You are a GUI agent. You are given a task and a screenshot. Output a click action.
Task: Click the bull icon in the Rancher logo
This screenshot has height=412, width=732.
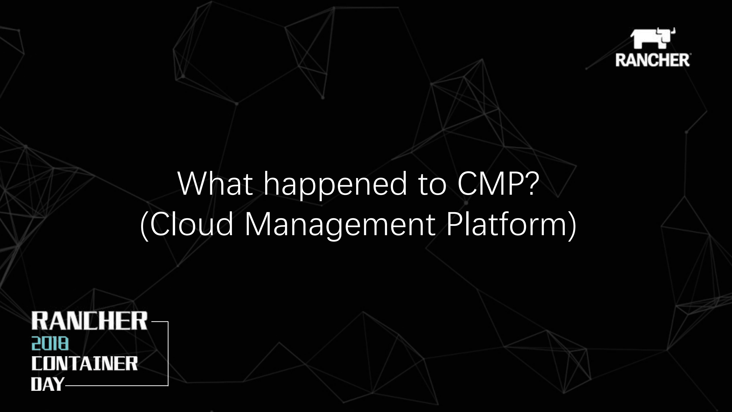tap(652, 38)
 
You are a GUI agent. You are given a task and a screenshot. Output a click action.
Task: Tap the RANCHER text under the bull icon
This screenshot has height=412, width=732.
tap(652, 60)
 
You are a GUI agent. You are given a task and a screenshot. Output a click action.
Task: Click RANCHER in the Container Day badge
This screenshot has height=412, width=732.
tap(89, 321)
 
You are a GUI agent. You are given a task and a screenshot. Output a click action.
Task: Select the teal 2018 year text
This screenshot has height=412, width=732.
tap(50, 344)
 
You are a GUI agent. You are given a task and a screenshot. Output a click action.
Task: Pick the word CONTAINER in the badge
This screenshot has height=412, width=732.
tap(84, 363)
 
